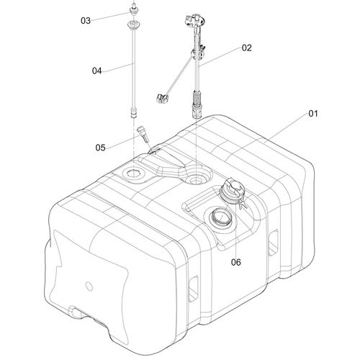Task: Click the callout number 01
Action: tap(313, 113)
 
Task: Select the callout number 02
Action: tap(247, 48)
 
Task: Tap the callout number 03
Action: tap(86, 21)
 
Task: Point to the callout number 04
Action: tap(97, 71)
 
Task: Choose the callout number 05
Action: tap(100, 148)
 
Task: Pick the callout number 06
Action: tap(236, 262)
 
